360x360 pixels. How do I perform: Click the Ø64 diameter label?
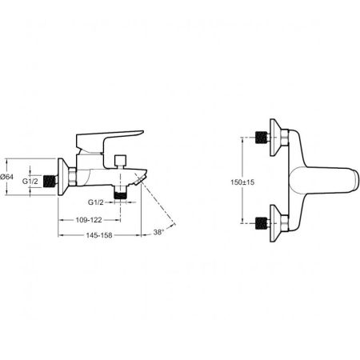click(6, 177)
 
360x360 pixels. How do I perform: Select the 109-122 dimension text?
click(89, 220)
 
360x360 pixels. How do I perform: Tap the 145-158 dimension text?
click(99, 235)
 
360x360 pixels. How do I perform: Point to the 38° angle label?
click(158, 232)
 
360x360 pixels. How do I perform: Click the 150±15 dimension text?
click(242, 182)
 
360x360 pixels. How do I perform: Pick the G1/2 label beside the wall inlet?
click(30, 182)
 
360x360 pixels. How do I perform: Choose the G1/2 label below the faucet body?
click(96, 202)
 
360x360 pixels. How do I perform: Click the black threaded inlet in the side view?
click(50, 182)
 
